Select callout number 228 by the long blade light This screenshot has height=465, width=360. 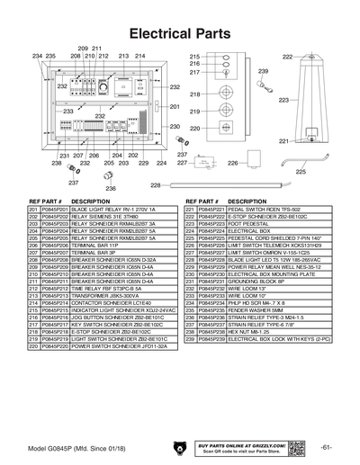click(154, 186)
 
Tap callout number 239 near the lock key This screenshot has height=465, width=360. click(263, 70)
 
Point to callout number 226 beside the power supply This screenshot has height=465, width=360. click(206, 164)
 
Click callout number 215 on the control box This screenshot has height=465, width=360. click(193, 57)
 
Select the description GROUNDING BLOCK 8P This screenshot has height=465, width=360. click(259, 281)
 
